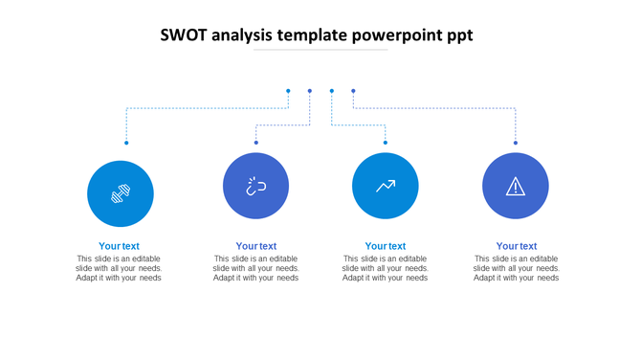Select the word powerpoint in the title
tap(395, 36)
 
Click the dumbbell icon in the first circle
tap(120, 193)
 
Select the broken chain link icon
tap(255, 186)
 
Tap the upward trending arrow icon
tap(386, 186)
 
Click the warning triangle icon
tap(516, 186)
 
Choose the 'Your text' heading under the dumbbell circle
tap(119, 246)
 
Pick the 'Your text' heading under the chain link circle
tap(256, 246)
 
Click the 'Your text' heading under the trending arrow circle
tap(386, 246)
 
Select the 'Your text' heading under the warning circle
tap(517, 246)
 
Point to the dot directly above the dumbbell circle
tap(126, 143)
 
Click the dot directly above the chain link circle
tap(256, 143)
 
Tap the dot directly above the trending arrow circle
tap(386, 143)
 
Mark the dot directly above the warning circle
tap(516, 143)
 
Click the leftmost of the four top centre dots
tap(288, 91)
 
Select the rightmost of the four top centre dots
tap(353, 91)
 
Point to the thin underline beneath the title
tap(320, 50)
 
